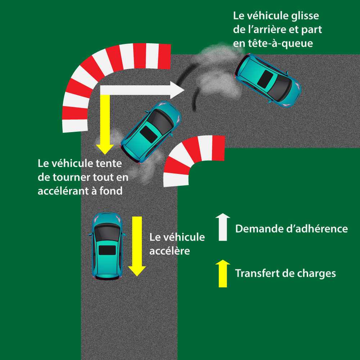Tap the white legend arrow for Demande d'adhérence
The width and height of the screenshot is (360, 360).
(x=223, y=227)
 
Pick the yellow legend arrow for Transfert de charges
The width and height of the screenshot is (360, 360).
(x=223, y=273)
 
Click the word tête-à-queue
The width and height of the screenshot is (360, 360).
(x=277, y=43)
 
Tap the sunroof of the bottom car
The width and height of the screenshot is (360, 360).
(x=107, y=250)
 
